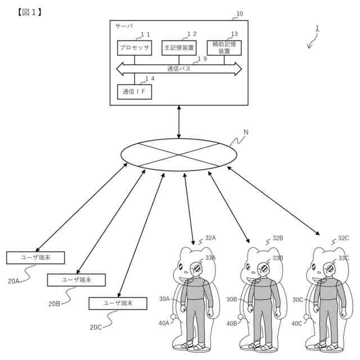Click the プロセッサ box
134,48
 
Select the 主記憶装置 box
179,48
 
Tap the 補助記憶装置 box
224,48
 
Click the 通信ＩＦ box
134,91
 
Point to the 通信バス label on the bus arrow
179,69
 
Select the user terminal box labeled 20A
35,258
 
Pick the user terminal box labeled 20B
76,280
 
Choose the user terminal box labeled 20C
118,303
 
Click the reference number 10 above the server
240,13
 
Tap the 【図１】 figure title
30,12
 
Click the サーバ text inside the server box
124,26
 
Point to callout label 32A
210,238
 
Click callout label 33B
278,258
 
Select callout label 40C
297,323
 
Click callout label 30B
232,299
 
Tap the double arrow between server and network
179,121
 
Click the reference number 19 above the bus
201,59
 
